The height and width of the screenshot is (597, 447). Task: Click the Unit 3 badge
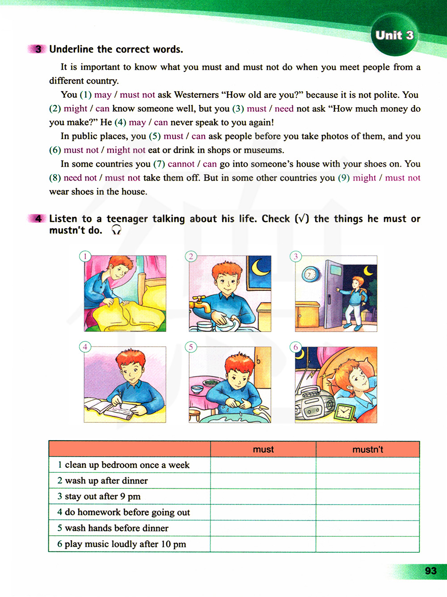(x=394, y=35)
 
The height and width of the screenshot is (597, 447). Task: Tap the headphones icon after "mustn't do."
(x=116, y=230)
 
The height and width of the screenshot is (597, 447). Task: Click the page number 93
(x=430, y=571)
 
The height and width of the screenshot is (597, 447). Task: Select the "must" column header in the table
(x=263, y=450)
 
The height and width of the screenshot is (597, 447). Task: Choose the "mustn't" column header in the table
(x=367, y=450)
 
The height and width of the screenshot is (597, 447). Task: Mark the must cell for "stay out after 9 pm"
(x=263, y=497)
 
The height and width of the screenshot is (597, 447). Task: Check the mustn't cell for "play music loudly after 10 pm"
(x=367, y=544)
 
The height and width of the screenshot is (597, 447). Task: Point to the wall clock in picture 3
(x=310, y=274)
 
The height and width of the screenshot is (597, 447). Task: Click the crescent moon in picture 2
(x=260, y=268)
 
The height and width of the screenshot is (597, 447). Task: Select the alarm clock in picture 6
(x=344, y=412)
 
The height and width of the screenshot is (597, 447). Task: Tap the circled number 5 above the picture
(x=191, y=347)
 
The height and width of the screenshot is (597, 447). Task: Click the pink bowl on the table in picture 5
(x=197, y=389)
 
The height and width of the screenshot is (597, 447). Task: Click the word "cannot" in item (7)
(x=181, y=164)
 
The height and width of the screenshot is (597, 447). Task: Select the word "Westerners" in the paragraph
(x=196, y=95)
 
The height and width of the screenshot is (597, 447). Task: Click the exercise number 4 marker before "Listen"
(x=38, y=219)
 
